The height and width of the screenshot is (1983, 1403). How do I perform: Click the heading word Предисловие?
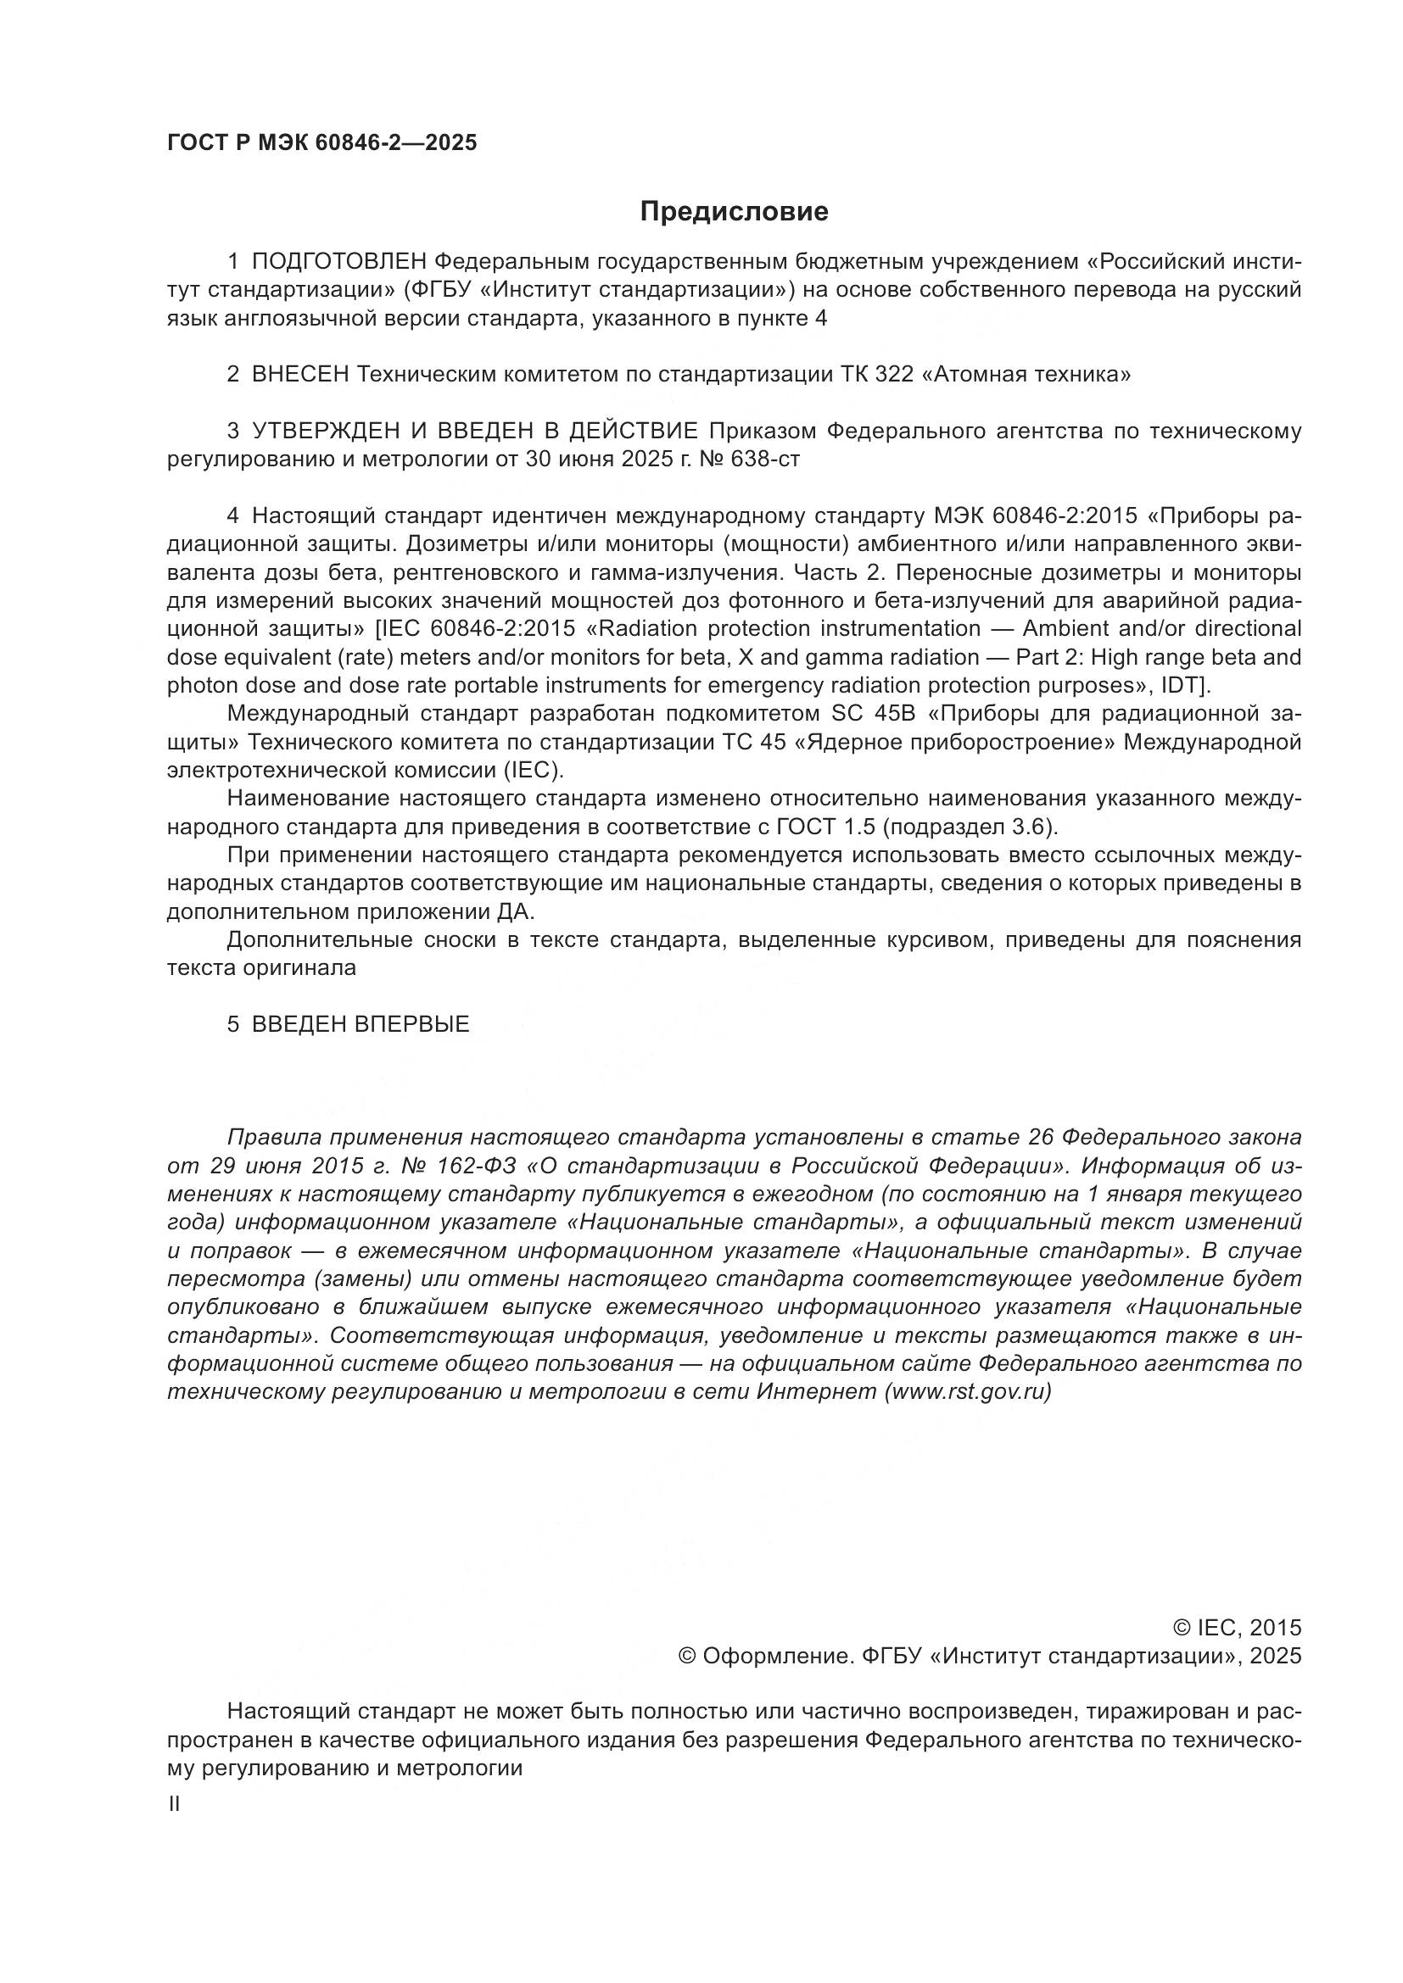click(x=734, y=212)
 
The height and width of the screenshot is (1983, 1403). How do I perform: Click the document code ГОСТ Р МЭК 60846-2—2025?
click(x=321, y=143)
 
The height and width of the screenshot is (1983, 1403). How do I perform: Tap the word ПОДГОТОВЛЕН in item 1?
click(x=339, y=262)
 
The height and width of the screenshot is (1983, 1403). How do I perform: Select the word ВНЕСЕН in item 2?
click(x=299, y=375)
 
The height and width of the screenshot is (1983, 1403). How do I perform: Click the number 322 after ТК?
click(x=895, y=375)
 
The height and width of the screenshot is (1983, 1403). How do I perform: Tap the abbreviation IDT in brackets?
click(x=1188, y=686)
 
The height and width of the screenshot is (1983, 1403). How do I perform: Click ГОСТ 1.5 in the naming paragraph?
click(x=829, y=827)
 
